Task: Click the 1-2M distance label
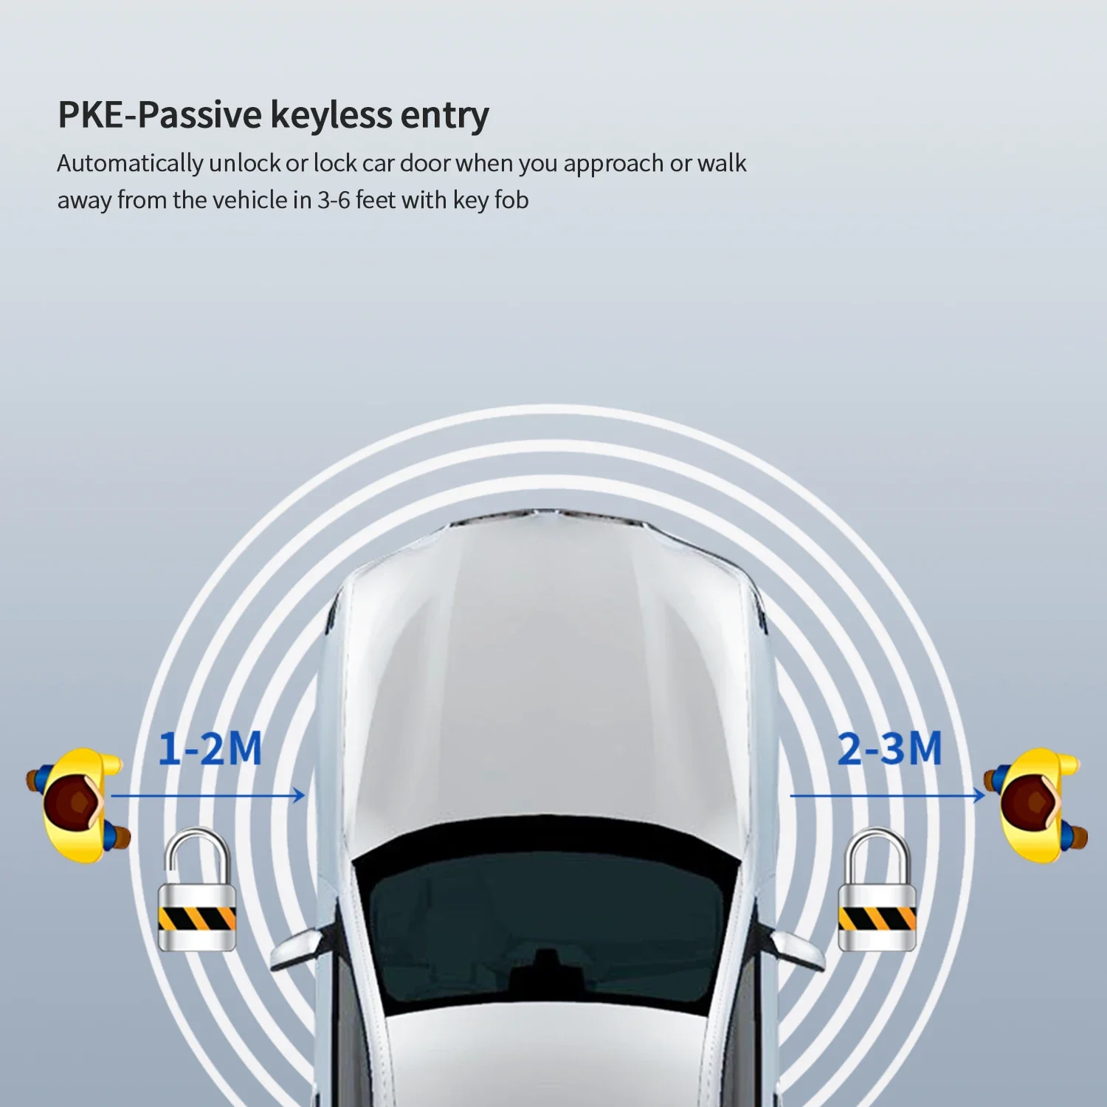pyautogui.click(x=210, y=749)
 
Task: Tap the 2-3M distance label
pyautogui.click(x=889, y=749)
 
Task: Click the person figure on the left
pyautogui.click(x=78, y=804)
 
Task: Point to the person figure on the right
pyautogui.click(x=1036, y=804)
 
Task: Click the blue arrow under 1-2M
pyautogui.click(x=207, y=796)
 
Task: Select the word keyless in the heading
pyautogui.click(x=331, y=115)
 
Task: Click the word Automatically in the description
pyautogui.click(x=130, y=163)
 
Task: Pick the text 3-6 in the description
pyautogui.click(x=334, y=200)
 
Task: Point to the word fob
pyautogui.click(x=511, y=200)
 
